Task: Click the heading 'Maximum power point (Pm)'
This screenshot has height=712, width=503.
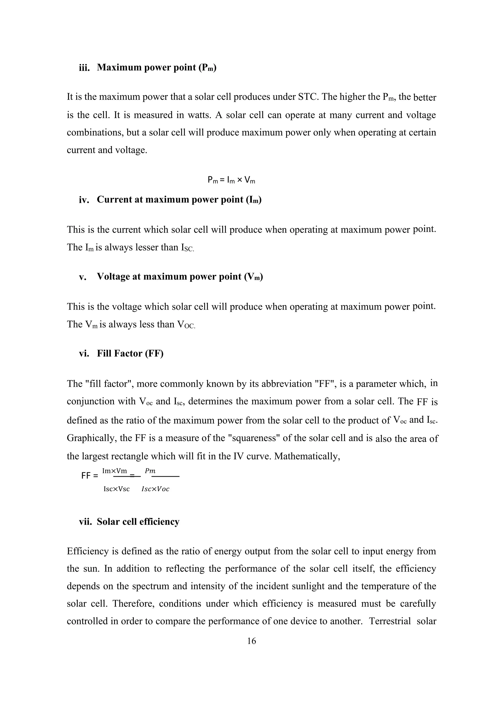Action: point(156,68)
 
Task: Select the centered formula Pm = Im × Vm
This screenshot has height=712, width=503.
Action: point(231,180)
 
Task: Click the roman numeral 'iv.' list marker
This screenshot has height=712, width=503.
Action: point(84,200)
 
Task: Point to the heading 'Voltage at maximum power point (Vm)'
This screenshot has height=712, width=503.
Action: point(180,277)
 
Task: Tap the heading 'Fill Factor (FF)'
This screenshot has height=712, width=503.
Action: point(130,354)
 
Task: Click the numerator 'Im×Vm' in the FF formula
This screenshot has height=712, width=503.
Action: point(115,471)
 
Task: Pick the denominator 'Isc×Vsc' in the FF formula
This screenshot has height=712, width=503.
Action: point(116,489)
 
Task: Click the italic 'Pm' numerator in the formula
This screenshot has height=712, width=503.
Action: point(150,471)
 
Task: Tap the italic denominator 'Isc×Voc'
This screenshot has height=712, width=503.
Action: point(155,489)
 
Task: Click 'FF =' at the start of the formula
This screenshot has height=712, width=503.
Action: point(89,476)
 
